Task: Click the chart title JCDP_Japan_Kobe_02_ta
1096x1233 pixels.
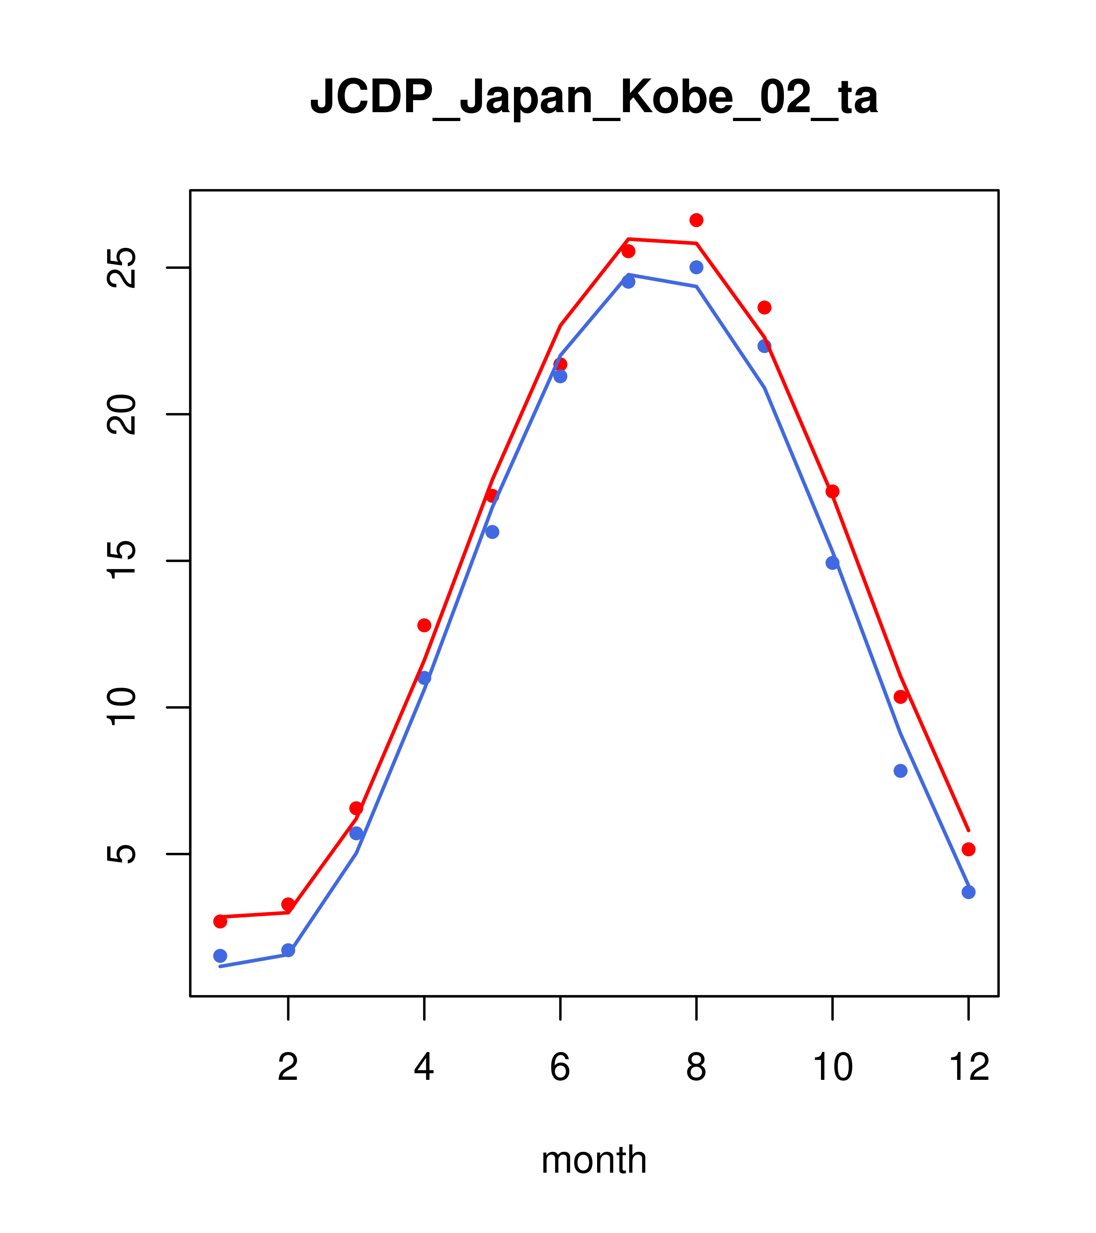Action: (594, 97)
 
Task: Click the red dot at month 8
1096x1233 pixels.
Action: (696, 220)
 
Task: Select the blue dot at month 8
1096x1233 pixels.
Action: (696, 267)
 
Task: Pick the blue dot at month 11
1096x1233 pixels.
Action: (901, 770)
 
